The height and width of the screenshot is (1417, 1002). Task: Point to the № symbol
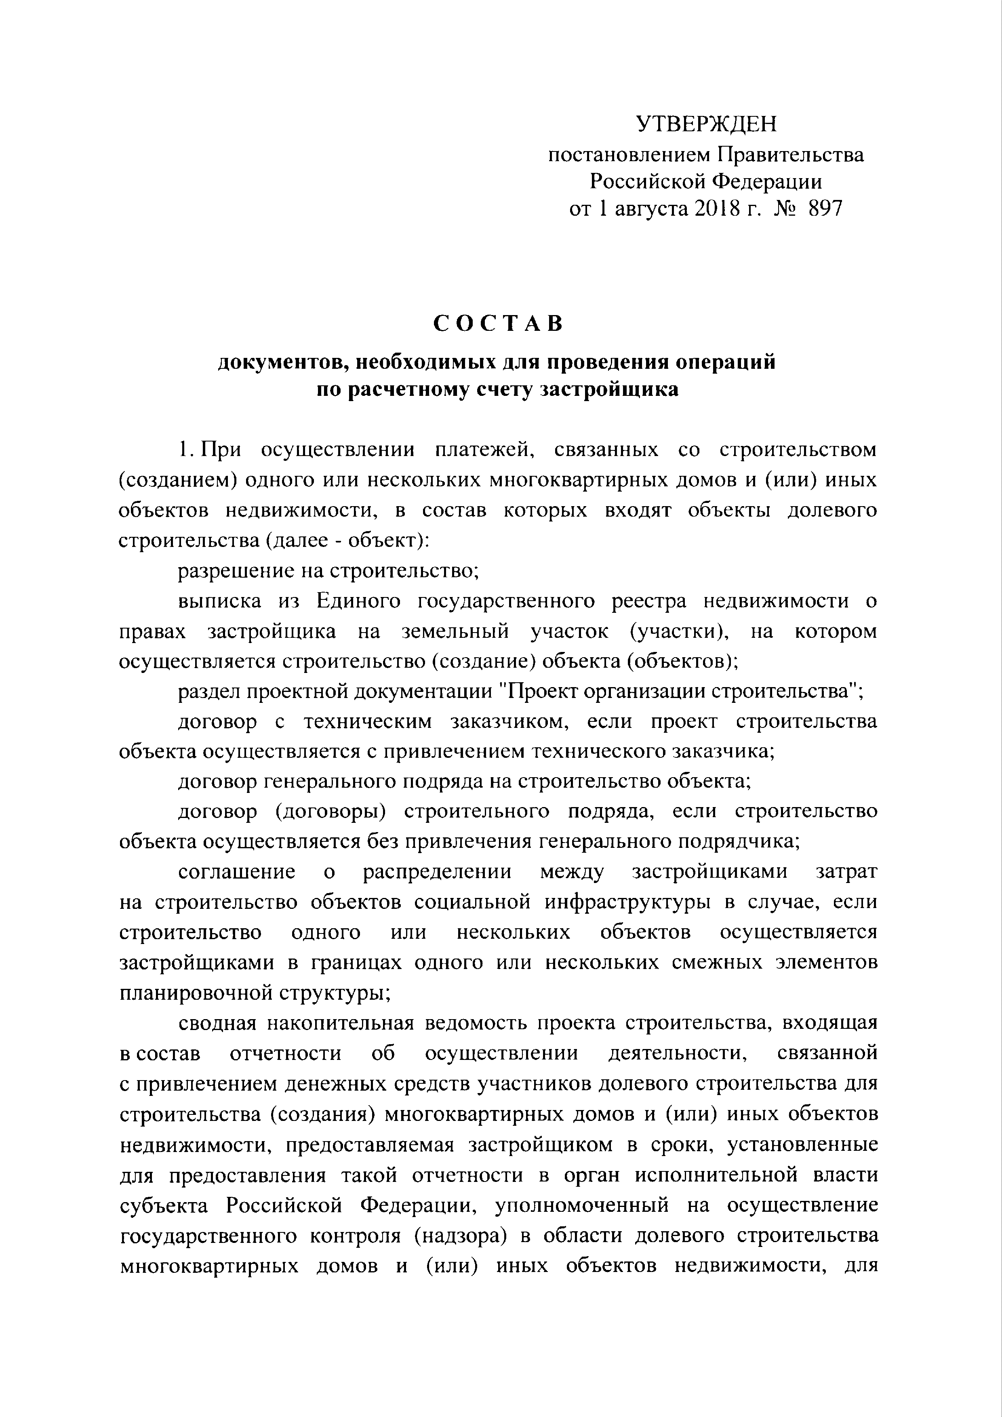click(x=783, y=209)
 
